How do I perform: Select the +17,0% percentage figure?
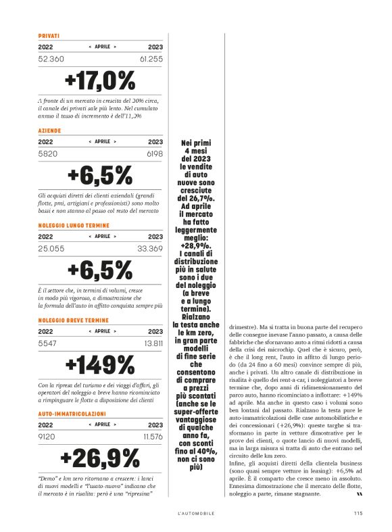(100, 81)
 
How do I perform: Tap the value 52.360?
(51, 59)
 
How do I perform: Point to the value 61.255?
(151, 59)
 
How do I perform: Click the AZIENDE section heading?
(50, 129)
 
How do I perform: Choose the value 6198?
(154, 154)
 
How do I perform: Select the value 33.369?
(151, 249)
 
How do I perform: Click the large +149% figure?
(100, 365)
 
